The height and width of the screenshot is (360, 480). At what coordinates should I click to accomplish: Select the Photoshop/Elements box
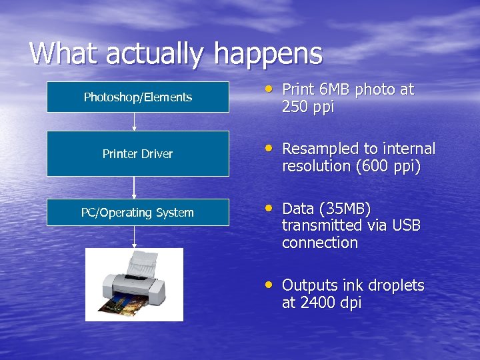pyautogui.click(x=138, y=97)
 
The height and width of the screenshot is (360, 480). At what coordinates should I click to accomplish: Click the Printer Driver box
pyautogui.click(x=138, y=153)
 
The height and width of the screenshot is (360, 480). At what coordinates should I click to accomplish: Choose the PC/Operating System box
pyautogui.click(x=138, y=213)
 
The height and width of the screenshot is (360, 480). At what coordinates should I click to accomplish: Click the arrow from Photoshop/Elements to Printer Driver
pyautogui.click(x=135, y=121)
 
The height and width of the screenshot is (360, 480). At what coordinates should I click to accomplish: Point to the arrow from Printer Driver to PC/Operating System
pyautogui.click(x=135, y=187)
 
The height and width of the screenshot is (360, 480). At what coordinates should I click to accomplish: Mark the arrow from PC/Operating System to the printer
pyautogui.click(x=135, y=237)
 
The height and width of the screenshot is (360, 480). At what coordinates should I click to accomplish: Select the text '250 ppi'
pyautogui.click(x=308, y=107)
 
